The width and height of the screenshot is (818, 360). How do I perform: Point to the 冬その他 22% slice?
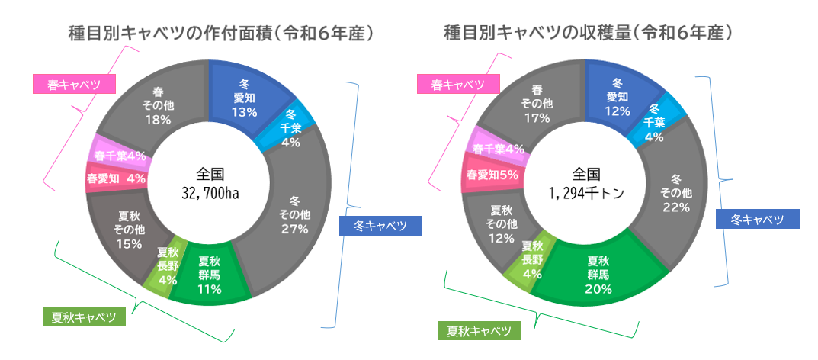[x=675, y=192]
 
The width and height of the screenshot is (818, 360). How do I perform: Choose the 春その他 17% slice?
[x=536, y=104]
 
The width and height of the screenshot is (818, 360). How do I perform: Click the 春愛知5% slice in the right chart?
[x=492, y=175]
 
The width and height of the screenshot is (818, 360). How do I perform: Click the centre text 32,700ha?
[x=209, y=194]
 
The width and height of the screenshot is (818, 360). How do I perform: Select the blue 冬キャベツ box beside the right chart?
[x=758, y=220]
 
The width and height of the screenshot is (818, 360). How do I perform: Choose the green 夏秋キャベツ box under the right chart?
[x=479, y=331]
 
